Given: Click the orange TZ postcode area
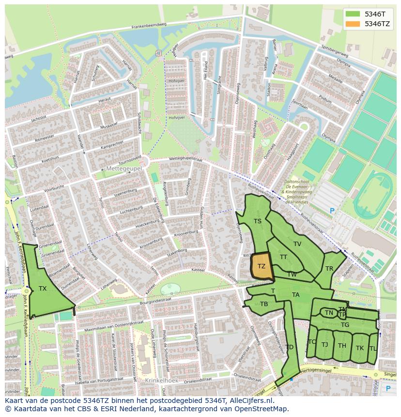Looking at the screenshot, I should click(x=262, y=266).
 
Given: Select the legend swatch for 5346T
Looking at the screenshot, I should click(x=353, y=14).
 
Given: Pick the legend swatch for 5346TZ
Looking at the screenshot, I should click(x=353, y=24).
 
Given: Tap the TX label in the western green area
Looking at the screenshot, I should click(x=43, y=289).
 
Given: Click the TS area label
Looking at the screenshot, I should click(x=258, y=221).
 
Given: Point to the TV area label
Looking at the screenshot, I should click(x=297, y=244).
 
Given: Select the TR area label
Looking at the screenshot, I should click(x=329, y=269).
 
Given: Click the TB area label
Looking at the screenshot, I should click(x=264, y=304).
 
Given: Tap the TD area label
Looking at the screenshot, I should click(x=289, y=347).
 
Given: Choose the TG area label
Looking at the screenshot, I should click(x=345, y=325).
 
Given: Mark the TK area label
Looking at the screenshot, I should click(x=360, y=348).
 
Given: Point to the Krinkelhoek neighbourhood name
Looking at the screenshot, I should click(x=161, y=381).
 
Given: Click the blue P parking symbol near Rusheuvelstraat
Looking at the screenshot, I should click(x=332, y=211).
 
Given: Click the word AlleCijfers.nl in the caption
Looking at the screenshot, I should click(x=250, y=401).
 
